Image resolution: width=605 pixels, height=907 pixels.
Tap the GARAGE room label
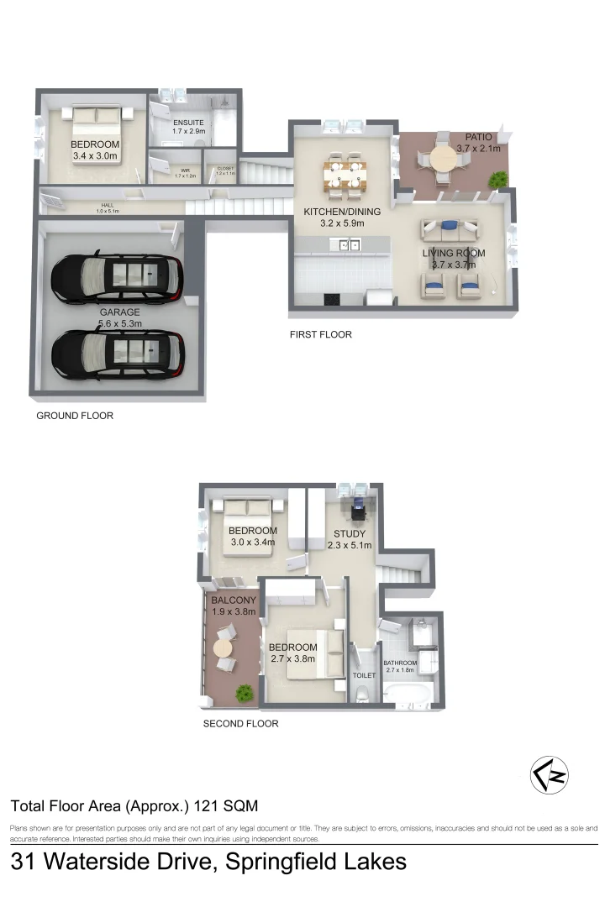click(x=120, y=312)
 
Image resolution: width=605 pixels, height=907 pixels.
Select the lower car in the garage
click(x=118, y=354)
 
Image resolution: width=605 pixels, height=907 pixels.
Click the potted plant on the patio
click(x=499, y=178)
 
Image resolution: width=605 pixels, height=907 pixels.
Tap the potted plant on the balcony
click(x=245, y=694)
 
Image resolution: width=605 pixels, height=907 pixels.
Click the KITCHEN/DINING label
click(x=342, y=212)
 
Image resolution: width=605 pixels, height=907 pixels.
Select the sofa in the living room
click(x=450, y=228)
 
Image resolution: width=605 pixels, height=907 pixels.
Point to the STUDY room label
click(x=350, y=533)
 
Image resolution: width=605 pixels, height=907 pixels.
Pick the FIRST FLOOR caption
click(x=320, y=334)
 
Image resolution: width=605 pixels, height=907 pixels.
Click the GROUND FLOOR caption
click(x=75, y=416)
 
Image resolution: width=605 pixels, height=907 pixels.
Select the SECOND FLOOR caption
click(x=240, y=723)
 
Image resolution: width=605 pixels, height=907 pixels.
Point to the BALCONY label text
click(x=233, y=600)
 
